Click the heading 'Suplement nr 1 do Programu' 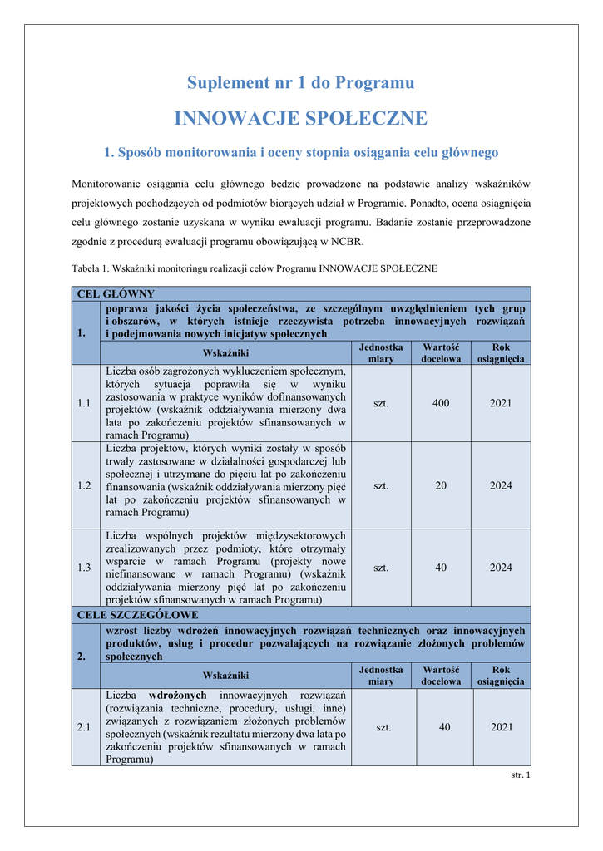point(300,83)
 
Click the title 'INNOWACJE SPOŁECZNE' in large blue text point(300,119)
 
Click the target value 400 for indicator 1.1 point(441,403)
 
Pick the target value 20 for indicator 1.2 point(441,485)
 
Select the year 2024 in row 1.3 point(501,568)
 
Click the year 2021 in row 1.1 point(501,403)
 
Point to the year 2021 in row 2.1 point(502,727)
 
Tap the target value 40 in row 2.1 point(445,727)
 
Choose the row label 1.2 point(84,485)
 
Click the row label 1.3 point(84,568)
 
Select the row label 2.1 point(84,727)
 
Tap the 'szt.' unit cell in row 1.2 point(381,485)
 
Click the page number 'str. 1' point(520,775)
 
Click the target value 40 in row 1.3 point(441,568)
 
